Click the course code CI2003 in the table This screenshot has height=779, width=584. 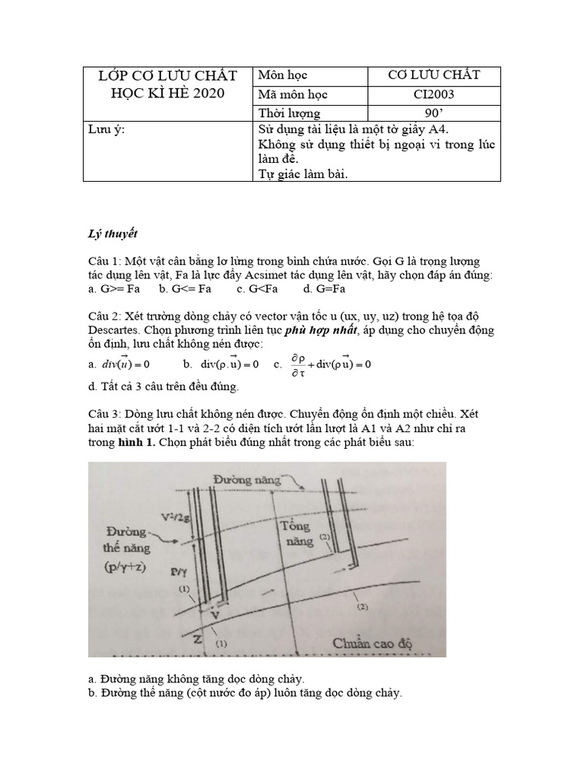[x=433, y=94]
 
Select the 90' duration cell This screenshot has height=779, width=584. [x=433, y=113]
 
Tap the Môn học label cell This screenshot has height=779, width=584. [x=282, y=75]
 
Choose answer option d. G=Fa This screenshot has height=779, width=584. [x=325, y=289]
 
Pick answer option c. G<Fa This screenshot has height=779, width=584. [x=257, y=289]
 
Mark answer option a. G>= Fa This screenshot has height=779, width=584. [x=115, y=289]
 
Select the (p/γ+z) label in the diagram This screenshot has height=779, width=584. [x=133, y=567]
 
